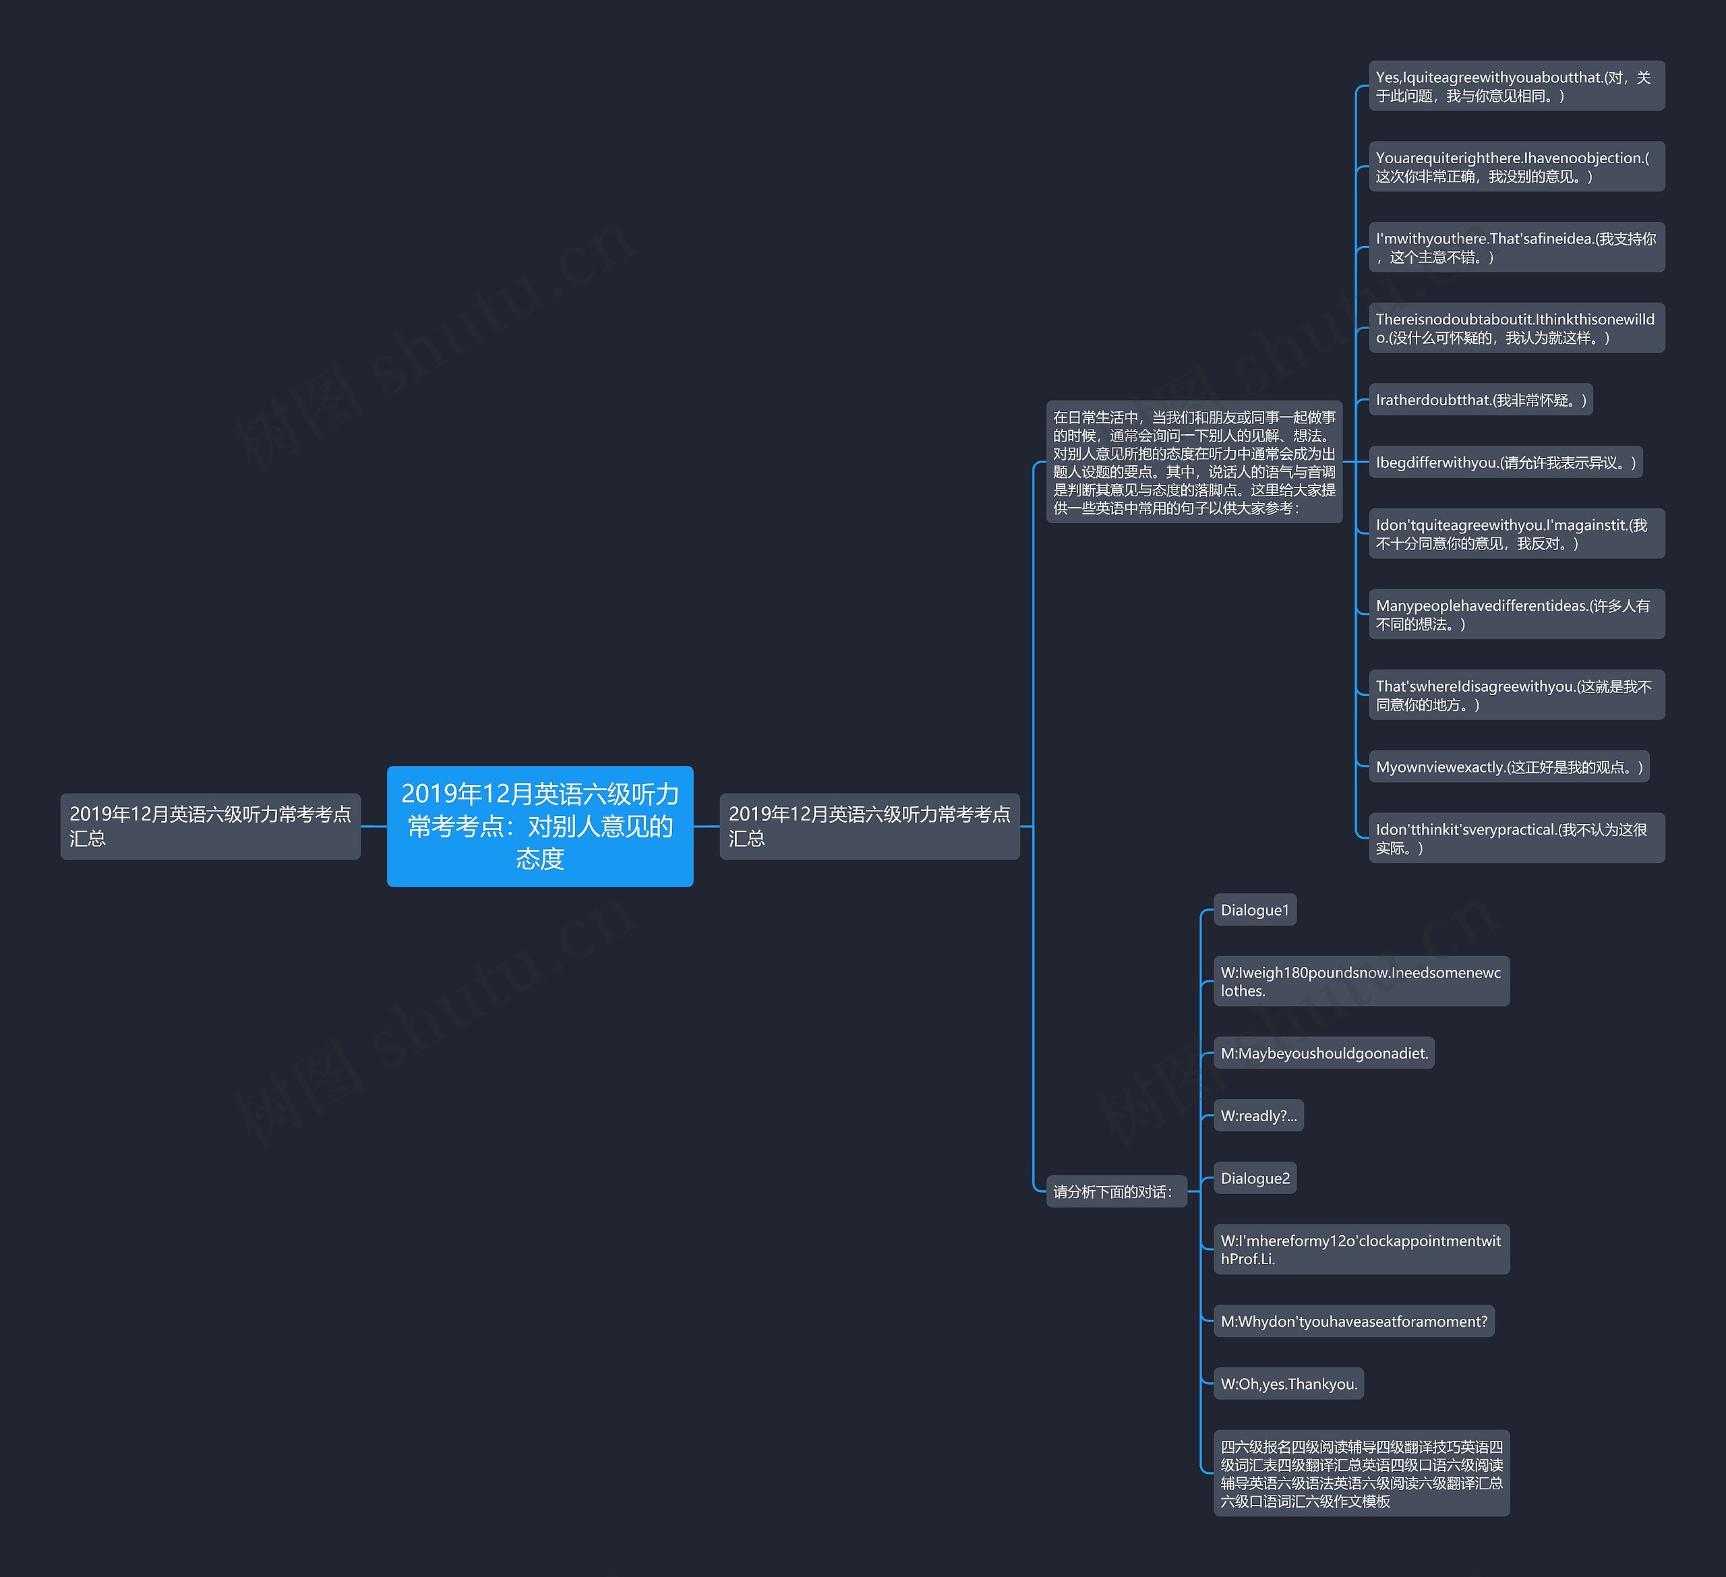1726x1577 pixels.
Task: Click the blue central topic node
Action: coord(539,826)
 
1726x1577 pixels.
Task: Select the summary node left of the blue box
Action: coord(210,826)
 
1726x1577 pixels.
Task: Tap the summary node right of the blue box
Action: coord(869,826)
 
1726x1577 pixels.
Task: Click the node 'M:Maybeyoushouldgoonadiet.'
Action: coord(1323,1053)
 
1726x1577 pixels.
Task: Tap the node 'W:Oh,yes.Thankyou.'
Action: coord(1288,1383)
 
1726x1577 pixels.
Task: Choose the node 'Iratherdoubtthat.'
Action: coord(1481,400)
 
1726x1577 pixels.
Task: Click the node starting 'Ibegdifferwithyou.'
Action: coord(1505,463)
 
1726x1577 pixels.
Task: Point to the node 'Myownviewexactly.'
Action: coord(1508,767)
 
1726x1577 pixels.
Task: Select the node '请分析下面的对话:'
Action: coord(1116,1192)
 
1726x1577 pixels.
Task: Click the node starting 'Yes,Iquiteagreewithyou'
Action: coord(1516,86)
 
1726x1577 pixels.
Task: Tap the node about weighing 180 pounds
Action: coord(1361,981)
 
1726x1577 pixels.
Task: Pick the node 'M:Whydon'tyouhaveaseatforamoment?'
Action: coord(1354,1321)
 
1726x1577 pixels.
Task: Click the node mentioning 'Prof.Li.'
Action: coord(1361,1249)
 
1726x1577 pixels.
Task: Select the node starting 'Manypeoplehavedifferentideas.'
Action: coord(1516,614)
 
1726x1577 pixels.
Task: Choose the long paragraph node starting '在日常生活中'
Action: coord(1193,463)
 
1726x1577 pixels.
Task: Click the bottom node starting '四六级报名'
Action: coord(1361,1473)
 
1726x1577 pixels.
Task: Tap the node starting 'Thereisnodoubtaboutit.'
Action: coord(1516,328)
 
